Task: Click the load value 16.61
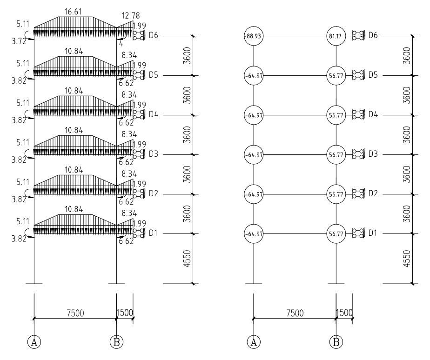click(x=74, y=12)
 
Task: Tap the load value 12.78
click(x=130, y=16)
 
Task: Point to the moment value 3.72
click(x=19, y=41)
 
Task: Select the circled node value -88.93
click(x=254, y=36)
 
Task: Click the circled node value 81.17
click(x=336, y=36)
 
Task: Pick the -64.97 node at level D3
click(x=254, y=154)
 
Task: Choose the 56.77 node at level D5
click(x=336, y=75)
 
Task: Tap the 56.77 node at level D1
click(x=336, y=234)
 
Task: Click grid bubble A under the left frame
click(x=34, y=342)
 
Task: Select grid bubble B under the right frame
click(x=336, y=342)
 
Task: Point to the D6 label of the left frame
click(x=153, y=36)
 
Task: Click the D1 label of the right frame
click(x=373, y=233)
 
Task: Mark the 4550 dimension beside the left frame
click(x=187, y=259)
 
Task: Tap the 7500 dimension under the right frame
click(x=295, y=313)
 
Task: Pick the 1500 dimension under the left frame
click(x=125, y=313)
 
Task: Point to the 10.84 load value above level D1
click(x=74, y=209)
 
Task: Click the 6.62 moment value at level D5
click(x=126, y=83)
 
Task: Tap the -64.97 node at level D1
click(x=254, y=234)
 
